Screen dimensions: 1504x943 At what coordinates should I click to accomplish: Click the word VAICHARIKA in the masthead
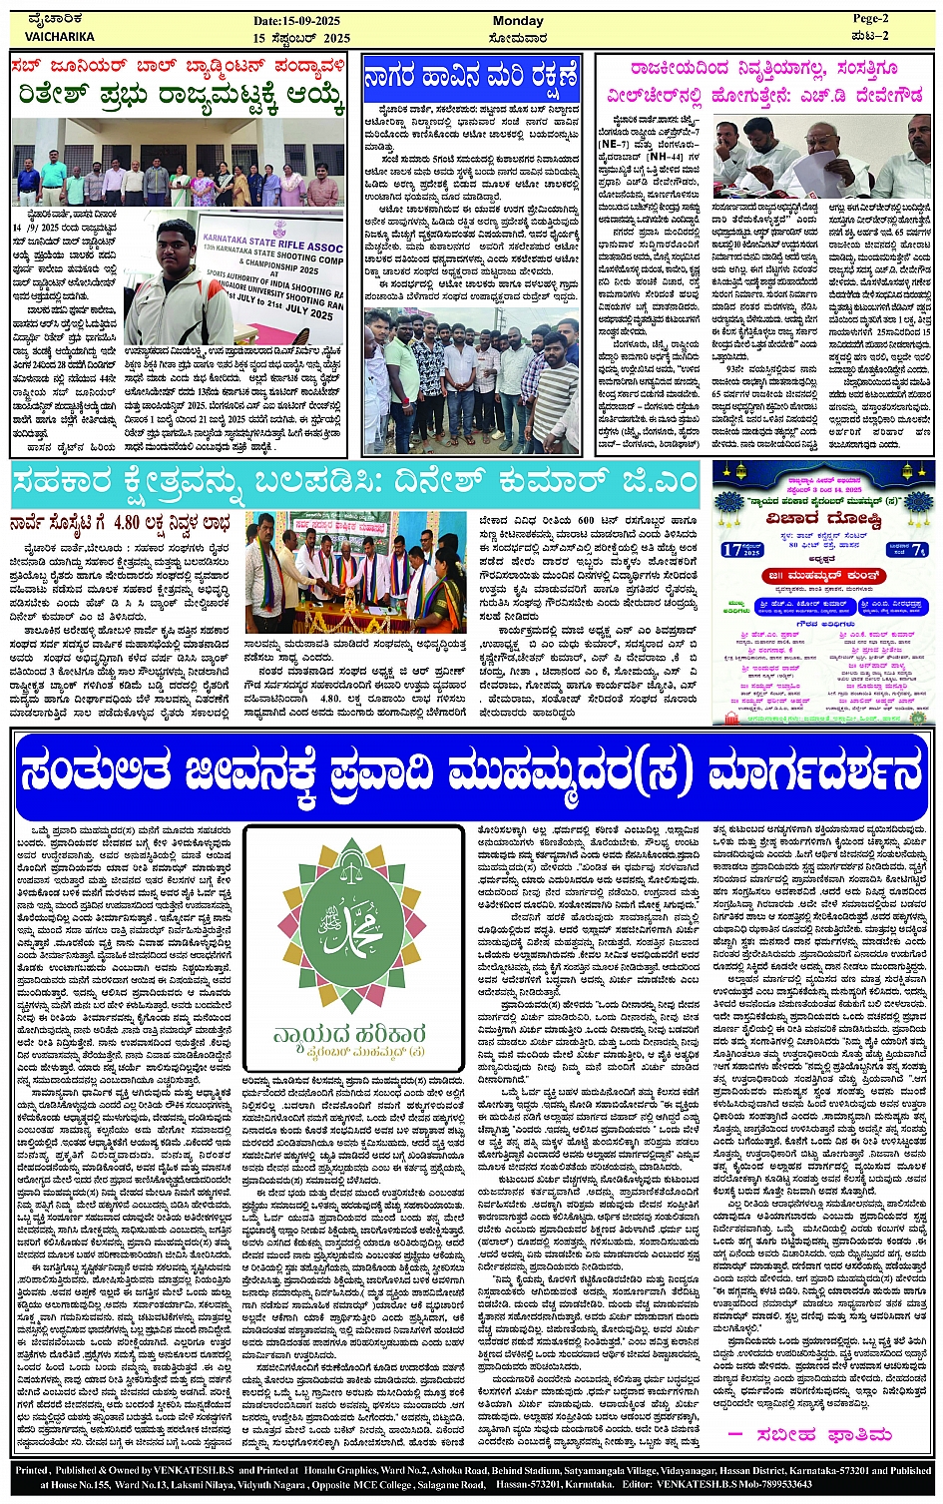click(59, 37)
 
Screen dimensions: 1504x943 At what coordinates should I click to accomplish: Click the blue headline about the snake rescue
click(472, 76)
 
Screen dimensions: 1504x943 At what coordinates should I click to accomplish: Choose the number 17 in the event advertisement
click(732, 549)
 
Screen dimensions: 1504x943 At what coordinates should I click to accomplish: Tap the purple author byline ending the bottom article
click(807, 1433)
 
